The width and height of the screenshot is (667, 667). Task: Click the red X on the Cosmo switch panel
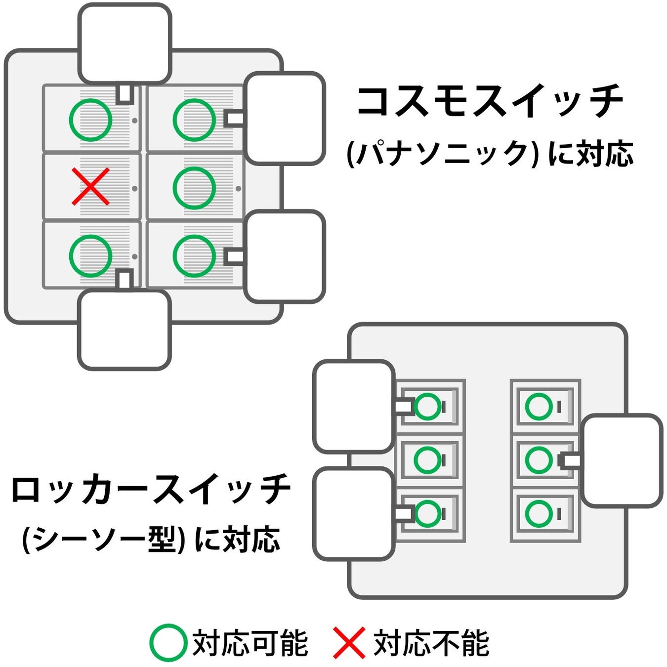click(90, 187)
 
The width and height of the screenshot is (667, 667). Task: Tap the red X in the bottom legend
click(349, 642)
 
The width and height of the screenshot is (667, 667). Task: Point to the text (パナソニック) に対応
click(489, 154)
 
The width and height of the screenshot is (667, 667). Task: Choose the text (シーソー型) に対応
click(151, 539)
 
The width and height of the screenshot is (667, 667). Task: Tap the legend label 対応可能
click(250, 643)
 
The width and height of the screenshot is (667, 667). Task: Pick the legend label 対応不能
click(431, 643)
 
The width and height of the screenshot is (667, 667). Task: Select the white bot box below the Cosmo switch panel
click(125, 330)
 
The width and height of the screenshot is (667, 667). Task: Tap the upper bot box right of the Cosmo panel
click(285, 118)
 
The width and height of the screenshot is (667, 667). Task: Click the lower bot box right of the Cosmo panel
click(285, 256)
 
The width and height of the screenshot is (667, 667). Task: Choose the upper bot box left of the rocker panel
click(354, 406)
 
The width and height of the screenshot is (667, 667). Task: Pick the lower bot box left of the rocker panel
click(354, 514)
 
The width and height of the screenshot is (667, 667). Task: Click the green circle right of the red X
click(194, 188)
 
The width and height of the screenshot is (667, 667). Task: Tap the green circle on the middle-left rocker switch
click(427, 459)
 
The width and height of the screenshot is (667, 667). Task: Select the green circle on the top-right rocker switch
click(539, 407)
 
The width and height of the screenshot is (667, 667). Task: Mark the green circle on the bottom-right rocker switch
click(539, 513)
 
